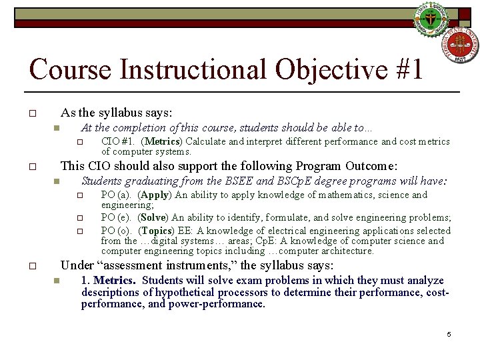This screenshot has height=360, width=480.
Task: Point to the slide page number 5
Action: (449, 334)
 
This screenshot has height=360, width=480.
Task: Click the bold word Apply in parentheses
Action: (155, 195)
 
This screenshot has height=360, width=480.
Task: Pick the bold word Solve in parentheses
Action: (153, 217)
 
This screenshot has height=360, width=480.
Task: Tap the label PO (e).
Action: (115, 217)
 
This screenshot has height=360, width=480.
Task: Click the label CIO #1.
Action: (118, 141)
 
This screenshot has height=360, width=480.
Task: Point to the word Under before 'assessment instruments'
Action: (77, 265)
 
